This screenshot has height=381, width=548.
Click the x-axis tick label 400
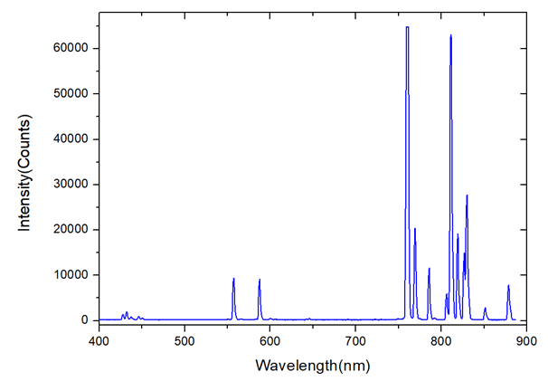pos(99,341)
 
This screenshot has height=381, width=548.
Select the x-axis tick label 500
pos(184,341)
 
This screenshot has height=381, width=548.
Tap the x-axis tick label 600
pos(270,341)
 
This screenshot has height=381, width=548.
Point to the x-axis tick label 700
pos(355,341)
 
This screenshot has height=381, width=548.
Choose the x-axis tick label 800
pos(441,341)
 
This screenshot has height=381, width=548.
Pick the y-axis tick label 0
pos(85,320)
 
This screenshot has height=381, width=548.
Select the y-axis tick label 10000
pos(71,275)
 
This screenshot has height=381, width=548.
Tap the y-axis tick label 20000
pos(71,230)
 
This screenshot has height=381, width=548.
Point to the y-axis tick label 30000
pos(71,185)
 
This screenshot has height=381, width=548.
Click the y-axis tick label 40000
pos(71,139)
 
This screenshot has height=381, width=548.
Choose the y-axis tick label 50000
pos(71,94)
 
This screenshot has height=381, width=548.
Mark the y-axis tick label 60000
pos(71,49)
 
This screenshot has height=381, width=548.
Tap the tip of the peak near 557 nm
pos(233,279)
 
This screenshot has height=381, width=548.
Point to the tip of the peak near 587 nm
pos(260,280)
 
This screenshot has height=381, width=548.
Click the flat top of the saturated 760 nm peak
pos(407,27)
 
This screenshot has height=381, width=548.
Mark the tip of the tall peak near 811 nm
pos(450,35)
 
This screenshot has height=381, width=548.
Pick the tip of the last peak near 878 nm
pos(508,286)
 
